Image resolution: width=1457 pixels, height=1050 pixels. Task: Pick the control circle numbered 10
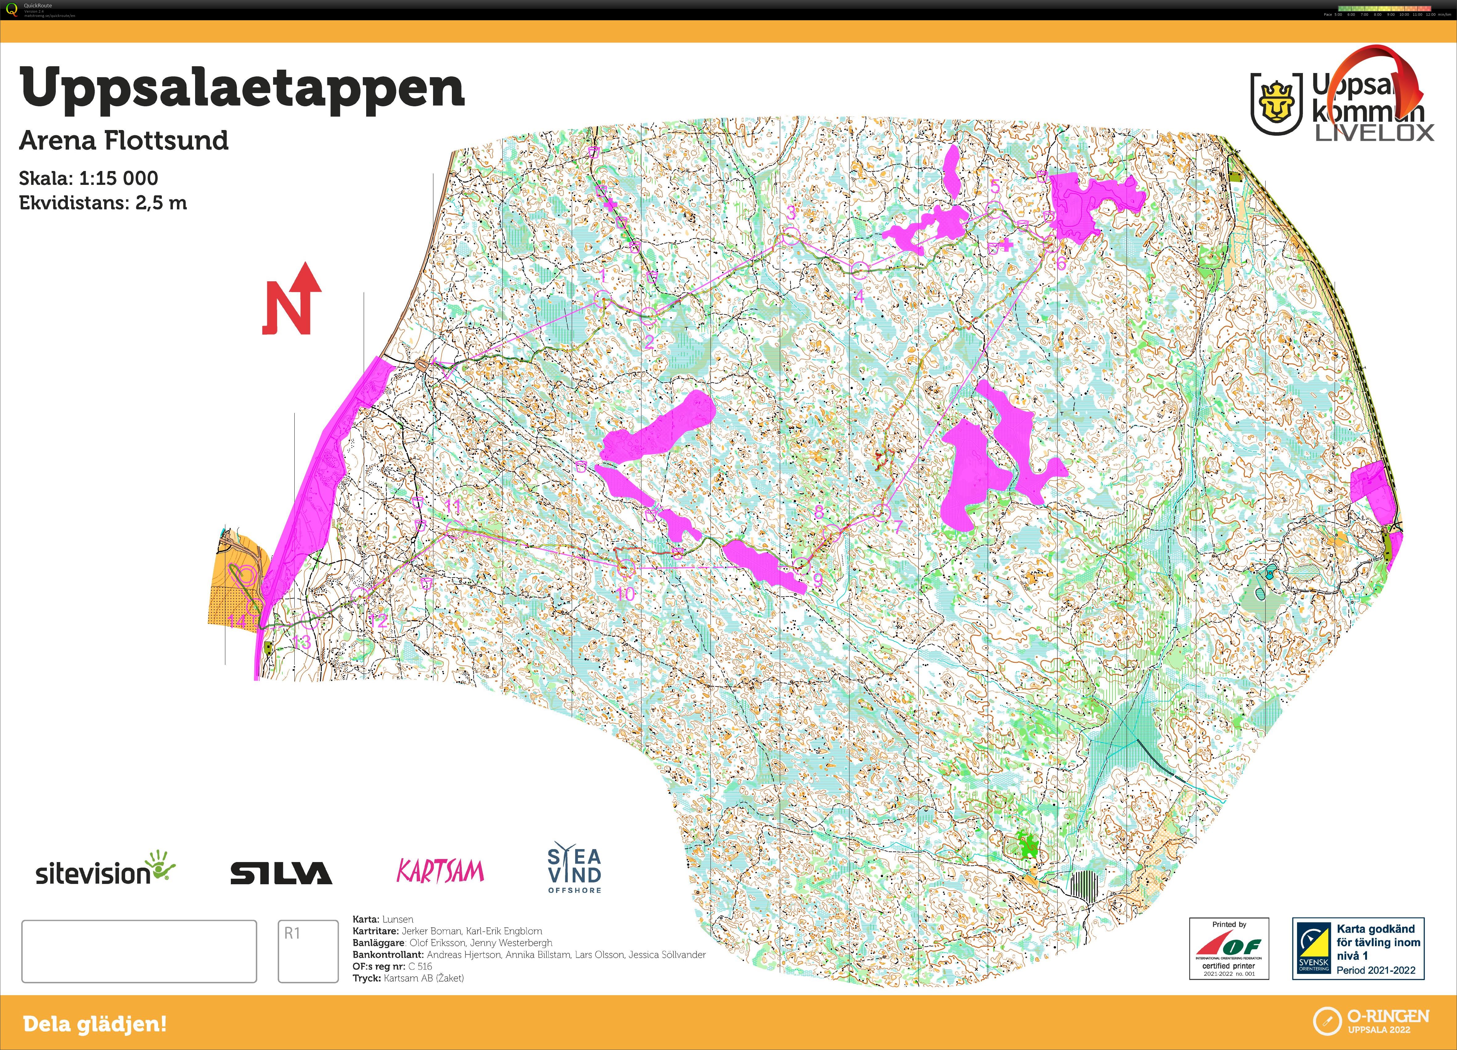point(626,568)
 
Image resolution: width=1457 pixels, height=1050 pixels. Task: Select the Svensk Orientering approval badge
point(1358,949)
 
